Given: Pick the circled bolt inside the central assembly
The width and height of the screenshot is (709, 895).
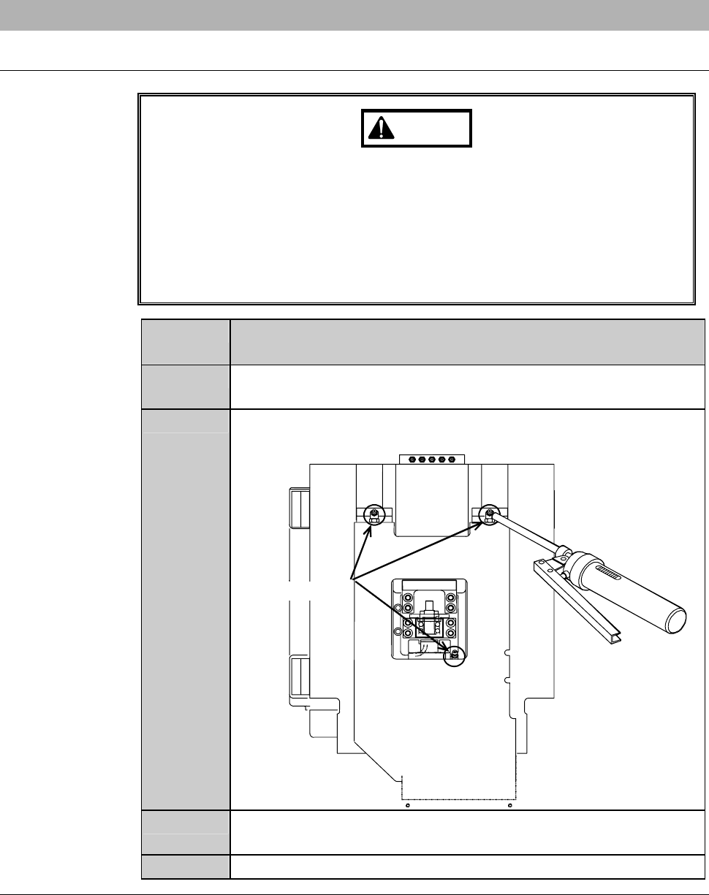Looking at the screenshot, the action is click(455, 652).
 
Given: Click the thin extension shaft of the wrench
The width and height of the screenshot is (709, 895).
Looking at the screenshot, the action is click(523, 534).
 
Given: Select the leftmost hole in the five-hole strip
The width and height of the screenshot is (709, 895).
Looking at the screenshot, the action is click(413, 460).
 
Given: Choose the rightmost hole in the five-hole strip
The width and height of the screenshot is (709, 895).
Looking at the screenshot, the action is click(450, 460).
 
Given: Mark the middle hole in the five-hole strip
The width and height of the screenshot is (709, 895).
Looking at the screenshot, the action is click(432, 460).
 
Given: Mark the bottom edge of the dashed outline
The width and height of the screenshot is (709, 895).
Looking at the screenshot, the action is click(460, 799).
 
